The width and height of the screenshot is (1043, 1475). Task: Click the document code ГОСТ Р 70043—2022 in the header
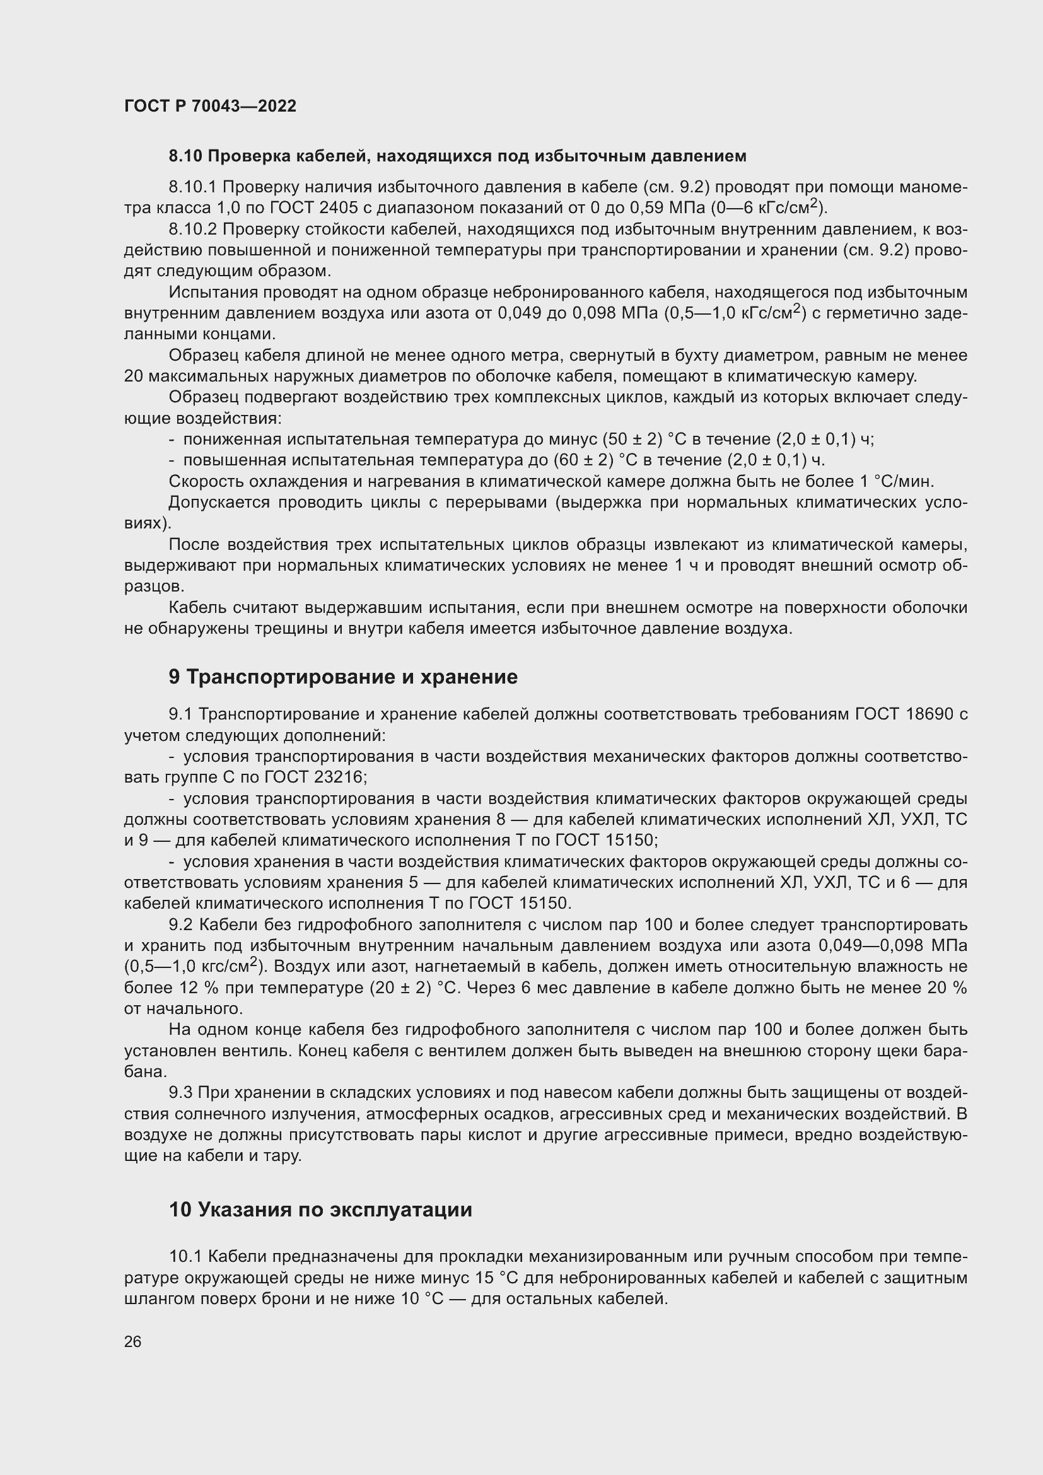click(x=210, y=107)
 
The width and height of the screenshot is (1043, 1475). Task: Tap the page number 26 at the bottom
click(x=132, y=1341)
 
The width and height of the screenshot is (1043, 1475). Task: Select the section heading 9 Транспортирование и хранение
click(x=343, y=677)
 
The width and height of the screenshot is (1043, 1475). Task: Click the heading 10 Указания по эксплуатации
click(x=320, y=1210)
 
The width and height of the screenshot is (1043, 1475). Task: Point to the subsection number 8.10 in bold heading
click(x=185, y=156)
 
